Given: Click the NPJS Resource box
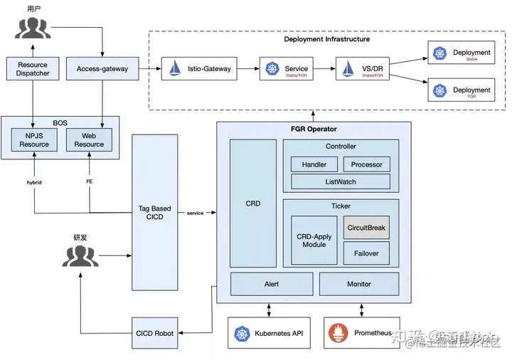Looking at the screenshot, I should coord(34,139).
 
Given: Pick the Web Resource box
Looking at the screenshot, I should coord(89,139).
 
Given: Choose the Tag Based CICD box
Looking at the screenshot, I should coord(155,213).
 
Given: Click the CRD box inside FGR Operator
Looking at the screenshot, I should coord(252,203).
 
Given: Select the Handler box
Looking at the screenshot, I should coord(314,164).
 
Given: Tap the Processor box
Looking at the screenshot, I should coord(366,164).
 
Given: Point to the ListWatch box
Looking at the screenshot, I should coord(340,182).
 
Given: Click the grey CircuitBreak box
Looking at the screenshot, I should coord(366,228).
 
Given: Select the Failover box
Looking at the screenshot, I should coord(366,253).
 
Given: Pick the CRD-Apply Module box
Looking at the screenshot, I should coord(314,240).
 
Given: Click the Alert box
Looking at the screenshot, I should coord(271,284).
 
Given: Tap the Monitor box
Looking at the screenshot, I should coord(358,284).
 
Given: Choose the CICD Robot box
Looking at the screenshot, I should coord(154,333).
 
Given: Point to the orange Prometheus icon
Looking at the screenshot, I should coord(336,333).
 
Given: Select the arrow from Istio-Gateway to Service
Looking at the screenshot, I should coord(245,69).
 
